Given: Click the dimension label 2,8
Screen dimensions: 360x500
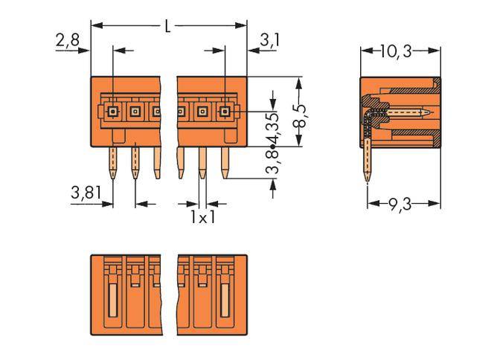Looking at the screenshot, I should tap(67, 41).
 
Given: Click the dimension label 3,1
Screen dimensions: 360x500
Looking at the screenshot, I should tap(269, 41).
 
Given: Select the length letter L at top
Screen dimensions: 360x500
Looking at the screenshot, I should tap(168, 26).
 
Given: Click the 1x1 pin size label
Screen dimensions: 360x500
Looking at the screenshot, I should tap(202, 218).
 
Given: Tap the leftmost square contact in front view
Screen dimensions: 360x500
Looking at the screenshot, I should tap(113, 112).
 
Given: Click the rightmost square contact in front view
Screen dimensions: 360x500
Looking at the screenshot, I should tap(224, 112).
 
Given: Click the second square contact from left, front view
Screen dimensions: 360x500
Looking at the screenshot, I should tap(135, 112).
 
